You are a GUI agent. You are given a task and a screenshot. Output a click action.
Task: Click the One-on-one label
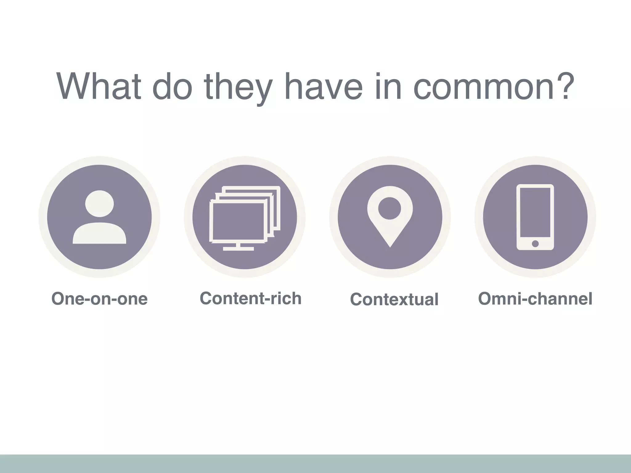pyautogui.click(x=99, y=299)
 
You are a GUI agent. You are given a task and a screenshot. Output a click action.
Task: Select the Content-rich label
pyautogui.click(x=250, y=298)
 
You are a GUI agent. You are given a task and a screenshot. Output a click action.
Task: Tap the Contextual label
pyautogui.click(x=394, y=299)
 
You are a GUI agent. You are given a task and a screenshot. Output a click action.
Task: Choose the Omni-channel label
pyautogui.click(x=535, y=299)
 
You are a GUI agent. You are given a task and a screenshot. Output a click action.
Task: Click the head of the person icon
pyautogui.click(x=99, y=204)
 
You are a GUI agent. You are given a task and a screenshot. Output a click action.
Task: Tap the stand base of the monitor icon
pyautogui.click(x=238, y=249)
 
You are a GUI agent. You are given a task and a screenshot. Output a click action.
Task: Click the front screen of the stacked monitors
pyautogui.click(x=238, y=221)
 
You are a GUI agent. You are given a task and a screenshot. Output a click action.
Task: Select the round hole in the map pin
pyautogui.click(x=390, y=208)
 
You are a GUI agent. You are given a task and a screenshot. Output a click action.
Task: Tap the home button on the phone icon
pyautogui.click(x=535, y=244)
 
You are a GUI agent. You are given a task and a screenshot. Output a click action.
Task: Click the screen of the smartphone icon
pyautogui.click(x=535, y=212)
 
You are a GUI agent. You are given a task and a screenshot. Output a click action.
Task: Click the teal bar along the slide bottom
pyautogui.click(x=315, y=464)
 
